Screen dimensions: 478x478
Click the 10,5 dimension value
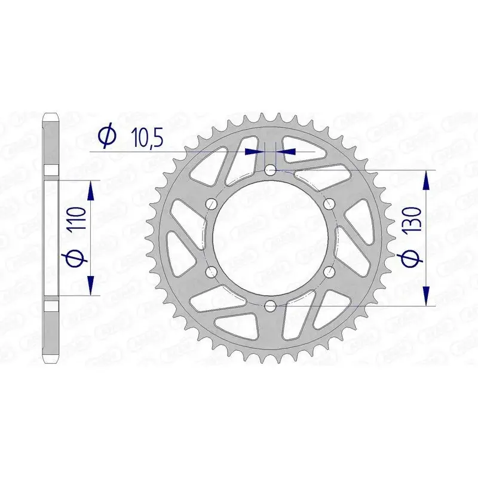(x=147, y=138)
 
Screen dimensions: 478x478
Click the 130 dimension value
(x=413, y=220)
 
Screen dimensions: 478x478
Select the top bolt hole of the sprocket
(x=271, y=171)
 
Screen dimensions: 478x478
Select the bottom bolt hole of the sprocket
(x=271, y=306)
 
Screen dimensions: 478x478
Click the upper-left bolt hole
(x=212, y=204)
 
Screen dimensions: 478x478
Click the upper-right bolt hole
(x=329, y=204)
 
